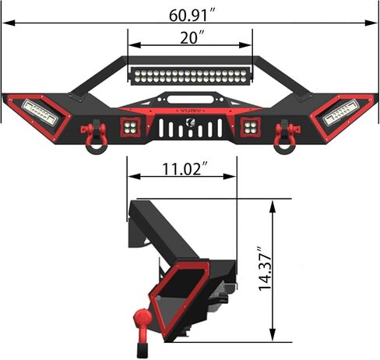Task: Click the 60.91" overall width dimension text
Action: coord(190,13)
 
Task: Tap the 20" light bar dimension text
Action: coord(190,38)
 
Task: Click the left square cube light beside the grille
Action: coord(129,126)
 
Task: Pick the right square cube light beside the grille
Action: coord(251,126)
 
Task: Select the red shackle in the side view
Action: coord(142,324)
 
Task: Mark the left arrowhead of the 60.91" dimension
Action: coord(5,25)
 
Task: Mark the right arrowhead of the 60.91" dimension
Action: coord(375,25)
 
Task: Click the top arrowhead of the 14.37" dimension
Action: coord(273,203)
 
